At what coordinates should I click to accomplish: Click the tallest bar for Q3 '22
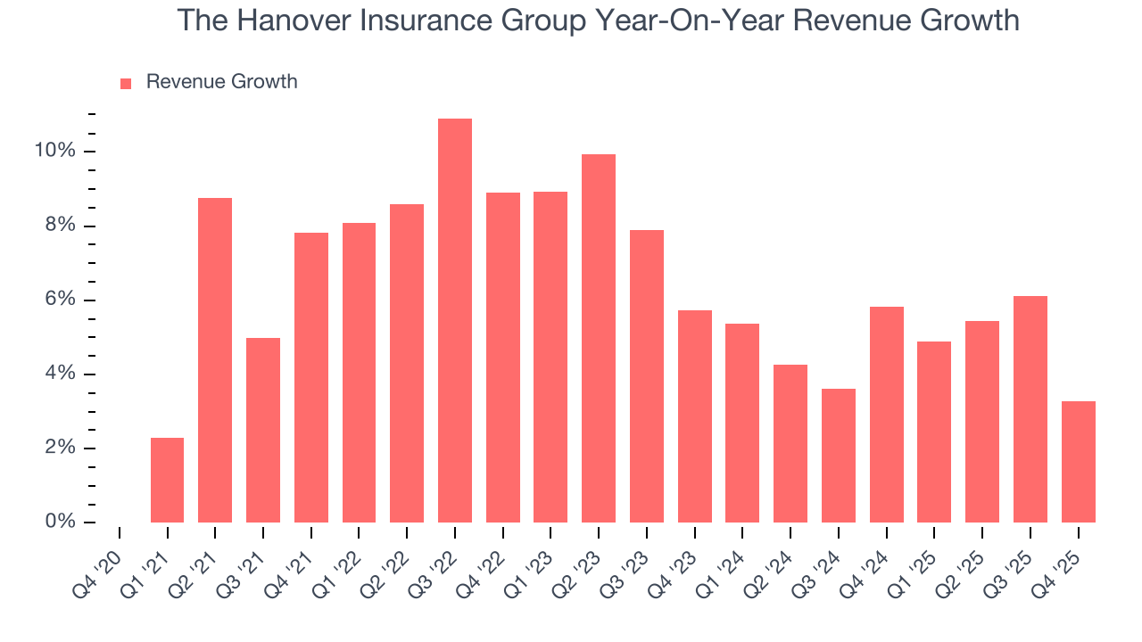[x=455, y=321]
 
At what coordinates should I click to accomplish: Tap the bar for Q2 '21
[x=215, y=360]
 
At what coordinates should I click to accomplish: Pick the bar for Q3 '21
[x=263, y=430]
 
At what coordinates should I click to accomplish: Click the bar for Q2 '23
[x=599, y=339]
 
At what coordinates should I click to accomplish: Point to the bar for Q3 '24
[x=839, y=456]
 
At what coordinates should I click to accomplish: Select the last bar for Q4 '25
[x=1079, y=462]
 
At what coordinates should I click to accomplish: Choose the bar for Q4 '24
[x=887, y=415]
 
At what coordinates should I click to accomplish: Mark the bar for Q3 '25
[x=1030, y=409]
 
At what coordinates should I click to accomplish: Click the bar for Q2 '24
[x=790, y=443]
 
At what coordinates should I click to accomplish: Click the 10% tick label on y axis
[x=54, y=151]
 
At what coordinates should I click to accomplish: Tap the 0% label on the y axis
[x=60, y=522]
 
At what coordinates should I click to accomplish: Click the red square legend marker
[x=126, y=83]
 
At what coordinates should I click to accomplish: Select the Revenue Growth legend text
[x=221, y=82]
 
